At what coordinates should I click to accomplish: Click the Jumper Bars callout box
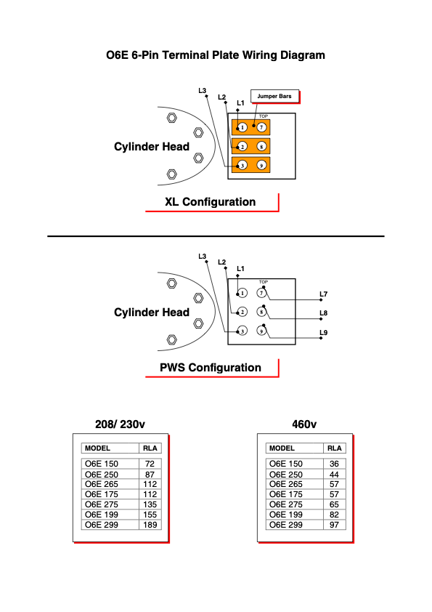(274, 96)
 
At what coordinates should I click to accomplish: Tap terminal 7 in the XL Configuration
(261, 127)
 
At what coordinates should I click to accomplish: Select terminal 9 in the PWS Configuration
(261, 331)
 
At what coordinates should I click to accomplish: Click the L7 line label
(324, 294)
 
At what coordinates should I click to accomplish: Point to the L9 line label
(324, 333)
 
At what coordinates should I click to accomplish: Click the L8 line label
(324, 313)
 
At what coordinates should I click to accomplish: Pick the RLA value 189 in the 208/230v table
(150, 525)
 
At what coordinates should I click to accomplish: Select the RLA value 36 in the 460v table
(334, 464)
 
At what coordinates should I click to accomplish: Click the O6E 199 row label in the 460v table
(286, 515)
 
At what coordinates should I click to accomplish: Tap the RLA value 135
(150, 504)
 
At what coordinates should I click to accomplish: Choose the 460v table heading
(304, 424)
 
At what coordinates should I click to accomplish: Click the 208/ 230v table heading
(120, 424)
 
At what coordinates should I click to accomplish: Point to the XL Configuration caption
(210, 202)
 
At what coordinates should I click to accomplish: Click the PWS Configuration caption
(211, 368)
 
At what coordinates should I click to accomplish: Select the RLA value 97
(334, 525)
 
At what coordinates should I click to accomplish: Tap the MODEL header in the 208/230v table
(97, 448)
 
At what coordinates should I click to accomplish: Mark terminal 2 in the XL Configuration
(242, 146)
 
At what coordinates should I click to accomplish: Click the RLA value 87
(150, 475)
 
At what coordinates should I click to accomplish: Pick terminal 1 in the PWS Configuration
(242, 293)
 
